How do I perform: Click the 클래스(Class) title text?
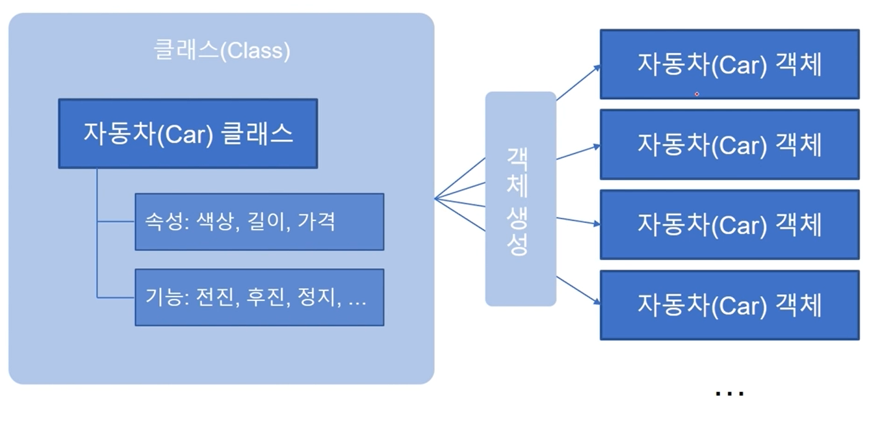click(x=222, y=51)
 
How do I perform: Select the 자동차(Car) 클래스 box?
click(x=188, y=133)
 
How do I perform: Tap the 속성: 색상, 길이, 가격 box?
click(x=259, y=222)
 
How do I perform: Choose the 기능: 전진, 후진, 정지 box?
click(x=259, y=297)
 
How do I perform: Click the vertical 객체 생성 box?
click(x=520, y=199)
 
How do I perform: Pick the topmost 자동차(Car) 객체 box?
click(x=729, y=64)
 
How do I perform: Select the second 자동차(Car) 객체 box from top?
click(x=729, y=144)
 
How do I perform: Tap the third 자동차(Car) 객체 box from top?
click(x=729, y=224)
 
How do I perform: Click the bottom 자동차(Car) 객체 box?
click(x=729, y=305)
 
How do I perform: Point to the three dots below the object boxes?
click(x=729, y=393)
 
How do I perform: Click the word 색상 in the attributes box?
click(x=217, y=221)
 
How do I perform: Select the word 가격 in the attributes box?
click(x=316, y=221)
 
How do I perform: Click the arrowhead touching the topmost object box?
click(x=596, y=68)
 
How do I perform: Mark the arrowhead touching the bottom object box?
click(x=596, y=302)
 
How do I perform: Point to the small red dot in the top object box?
click(x=697, y=94)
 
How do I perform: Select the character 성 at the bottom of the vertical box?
click(x=518, y=245)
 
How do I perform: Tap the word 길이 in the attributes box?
click(x=267, y=221)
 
